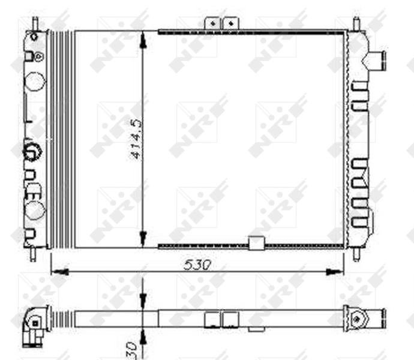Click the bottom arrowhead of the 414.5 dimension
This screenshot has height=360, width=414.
click(x=143, y=238)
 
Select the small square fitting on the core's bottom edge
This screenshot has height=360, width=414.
click(x=256, y=243)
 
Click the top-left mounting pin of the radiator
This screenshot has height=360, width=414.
click(x=35, y=23)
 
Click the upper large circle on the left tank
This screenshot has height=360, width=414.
click(x=35, y=80)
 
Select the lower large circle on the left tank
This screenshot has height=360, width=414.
click(x=35, y=209)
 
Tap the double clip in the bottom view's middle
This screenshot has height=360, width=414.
click(x=221, y=319)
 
